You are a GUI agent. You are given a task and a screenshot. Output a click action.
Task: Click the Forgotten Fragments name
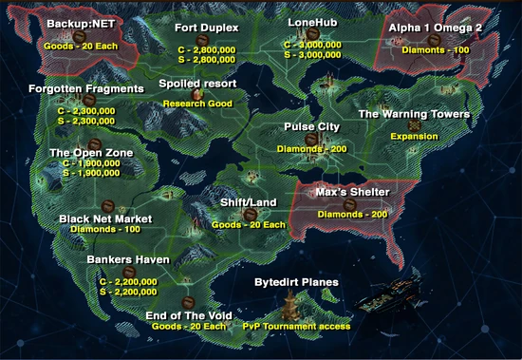click(x=86, y=88)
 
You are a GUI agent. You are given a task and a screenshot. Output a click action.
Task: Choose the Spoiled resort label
click(x=197, y=84)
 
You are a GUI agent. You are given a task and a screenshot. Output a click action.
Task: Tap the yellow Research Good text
click(x=197, y=103)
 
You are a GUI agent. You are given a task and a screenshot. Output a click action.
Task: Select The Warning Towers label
click(x=413, y=114)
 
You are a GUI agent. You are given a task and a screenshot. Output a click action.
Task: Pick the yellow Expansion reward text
click(x=414, y=136)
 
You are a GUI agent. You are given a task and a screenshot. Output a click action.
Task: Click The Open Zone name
click(x=91, y=152)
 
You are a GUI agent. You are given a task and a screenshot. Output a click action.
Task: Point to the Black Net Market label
click(x=105, y=218)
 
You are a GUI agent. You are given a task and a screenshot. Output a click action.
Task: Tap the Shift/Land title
click(x=249, y=201)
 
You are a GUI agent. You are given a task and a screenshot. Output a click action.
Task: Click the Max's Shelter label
click(x=352, y=193)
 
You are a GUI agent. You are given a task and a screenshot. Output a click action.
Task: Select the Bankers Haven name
click(x=128, y=259)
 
